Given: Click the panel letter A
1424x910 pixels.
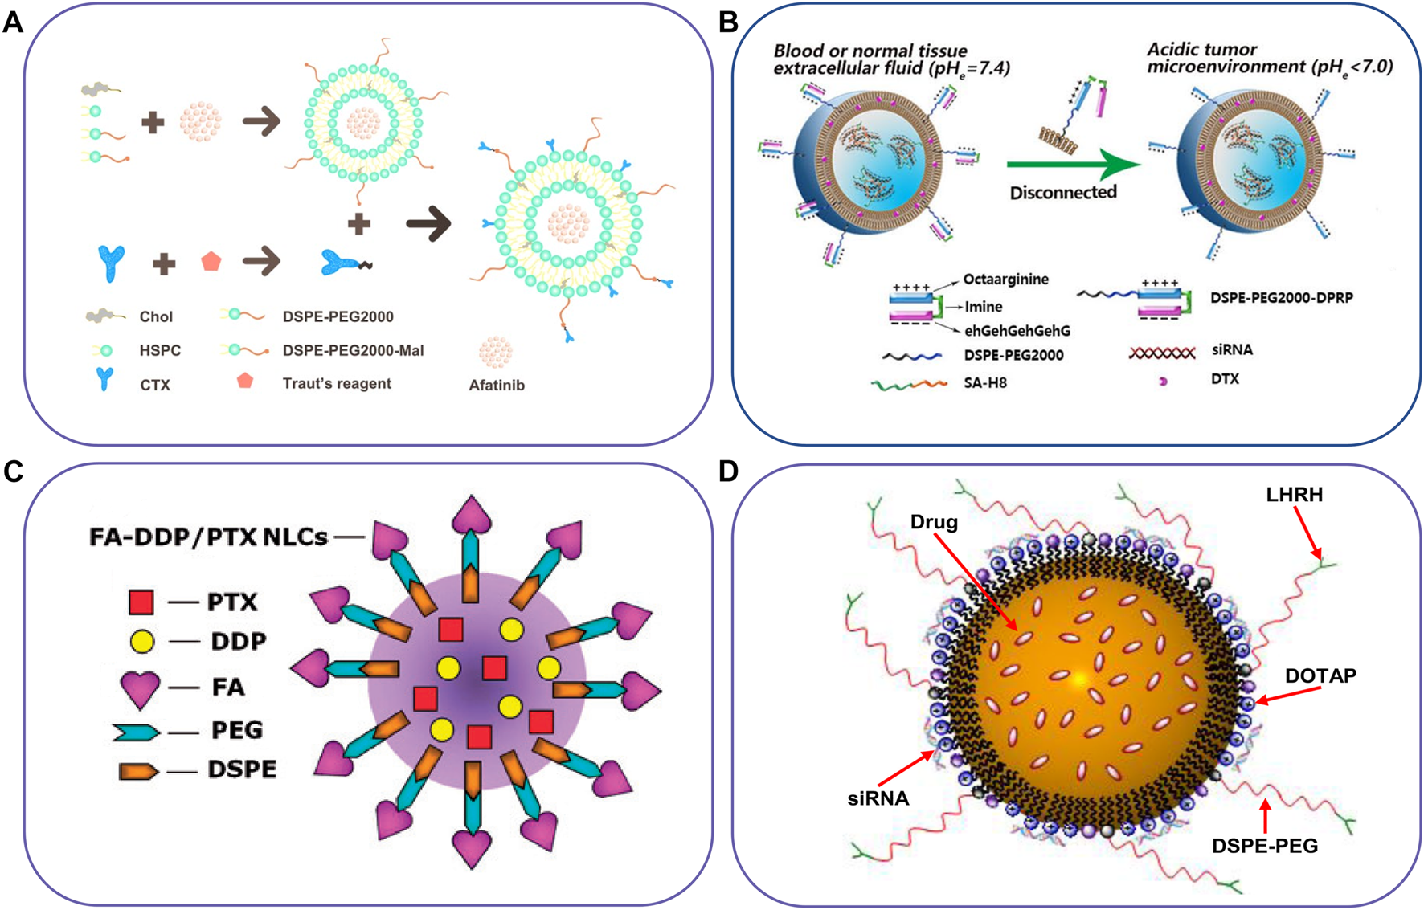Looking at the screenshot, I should pos(13,22).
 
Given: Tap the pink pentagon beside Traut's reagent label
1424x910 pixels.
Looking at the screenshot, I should pos(245,381).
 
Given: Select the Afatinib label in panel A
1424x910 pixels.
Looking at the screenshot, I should pos(497,386).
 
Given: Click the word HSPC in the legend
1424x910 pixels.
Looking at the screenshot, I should pos(160,351).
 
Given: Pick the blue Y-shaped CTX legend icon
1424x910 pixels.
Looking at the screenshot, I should pos(104,379).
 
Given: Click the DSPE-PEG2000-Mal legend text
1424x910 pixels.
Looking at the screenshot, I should pos(353,351).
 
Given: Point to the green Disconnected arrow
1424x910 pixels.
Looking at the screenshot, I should pos(1073,165).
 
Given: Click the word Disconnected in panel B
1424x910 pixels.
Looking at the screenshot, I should pos(1063,193).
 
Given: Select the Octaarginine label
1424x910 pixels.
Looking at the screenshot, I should pos(1005,280).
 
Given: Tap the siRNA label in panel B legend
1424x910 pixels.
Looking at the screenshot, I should pos(1232,350).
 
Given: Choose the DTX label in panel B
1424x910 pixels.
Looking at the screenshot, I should pos(1225,378).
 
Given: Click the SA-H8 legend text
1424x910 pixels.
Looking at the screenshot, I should pos(985,383).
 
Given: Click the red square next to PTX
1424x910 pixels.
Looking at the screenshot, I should pos(141,602).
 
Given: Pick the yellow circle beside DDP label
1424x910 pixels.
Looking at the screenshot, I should pos(141,642).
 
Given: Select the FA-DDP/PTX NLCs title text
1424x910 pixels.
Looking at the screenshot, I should pos(208,537).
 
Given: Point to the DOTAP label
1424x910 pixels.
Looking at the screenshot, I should pos(1320,676).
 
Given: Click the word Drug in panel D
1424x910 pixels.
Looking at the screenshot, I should pos(934,523).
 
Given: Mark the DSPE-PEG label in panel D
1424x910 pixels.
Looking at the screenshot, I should pos(1265,846).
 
